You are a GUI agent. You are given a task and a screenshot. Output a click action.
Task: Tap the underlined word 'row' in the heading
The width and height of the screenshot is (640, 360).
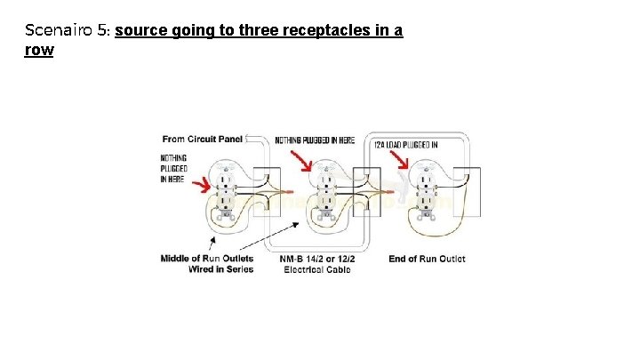pos(39,50)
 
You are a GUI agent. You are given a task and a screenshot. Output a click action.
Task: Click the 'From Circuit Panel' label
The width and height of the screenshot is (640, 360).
pos(202,139)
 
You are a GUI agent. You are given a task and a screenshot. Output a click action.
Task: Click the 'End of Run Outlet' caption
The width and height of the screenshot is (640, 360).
pos(427,259)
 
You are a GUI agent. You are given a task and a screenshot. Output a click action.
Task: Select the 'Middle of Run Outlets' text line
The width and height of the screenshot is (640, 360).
pos(206,259)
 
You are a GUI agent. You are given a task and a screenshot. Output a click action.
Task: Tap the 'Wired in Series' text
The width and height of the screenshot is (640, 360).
pos(220,269)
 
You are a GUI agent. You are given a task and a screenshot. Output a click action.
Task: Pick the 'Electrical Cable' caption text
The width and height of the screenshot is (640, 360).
pos(317,269)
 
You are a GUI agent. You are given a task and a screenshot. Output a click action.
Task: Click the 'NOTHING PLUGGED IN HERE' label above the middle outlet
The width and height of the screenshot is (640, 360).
pos(315,140)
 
